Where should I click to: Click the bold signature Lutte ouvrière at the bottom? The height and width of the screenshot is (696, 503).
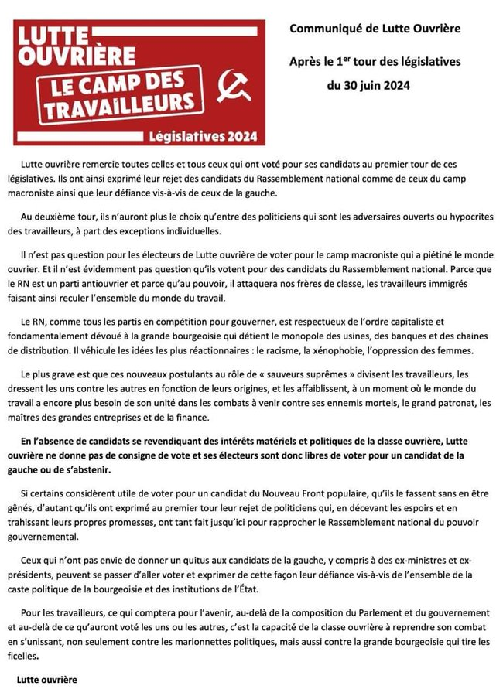point(47,681)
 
